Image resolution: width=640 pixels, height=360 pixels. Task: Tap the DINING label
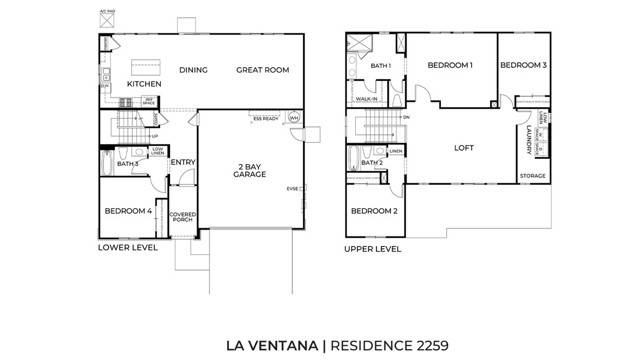[x=193, y=70]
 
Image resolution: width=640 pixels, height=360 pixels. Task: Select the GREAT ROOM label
[x=262, y=70]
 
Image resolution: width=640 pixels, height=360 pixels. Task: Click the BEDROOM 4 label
[x=128, y=211]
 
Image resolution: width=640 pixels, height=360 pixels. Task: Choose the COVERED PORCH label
[x=182, y=217]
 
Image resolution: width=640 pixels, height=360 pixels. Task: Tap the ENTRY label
[x=183, y=163]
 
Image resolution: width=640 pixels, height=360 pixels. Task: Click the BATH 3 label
[x=127, y=163]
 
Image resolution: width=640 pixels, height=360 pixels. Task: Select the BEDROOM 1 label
[x=450, y=65]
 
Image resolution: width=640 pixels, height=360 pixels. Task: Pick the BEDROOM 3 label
[x=523, y=65]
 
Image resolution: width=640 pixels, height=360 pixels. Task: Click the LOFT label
[x=464, y=147]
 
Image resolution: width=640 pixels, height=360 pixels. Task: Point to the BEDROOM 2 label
[x=374, y=211]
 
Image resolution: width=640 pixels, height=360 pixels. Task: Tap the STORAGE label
[x=533, y=176]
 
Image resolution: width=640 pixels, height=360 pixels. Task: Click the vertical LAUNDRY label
[x=527, y=140]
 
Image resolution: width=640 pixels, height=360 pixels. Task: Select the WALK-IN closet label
[x=367, y=100]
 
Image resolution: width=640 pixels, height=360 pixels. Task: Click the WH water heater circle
[x=294, y=118]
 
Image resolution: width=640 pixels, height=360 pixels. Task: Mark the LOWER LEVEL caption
[x=127, y=247]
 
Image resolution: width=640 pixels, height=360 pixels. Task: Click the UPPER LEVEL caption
[x=373, y=248]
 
